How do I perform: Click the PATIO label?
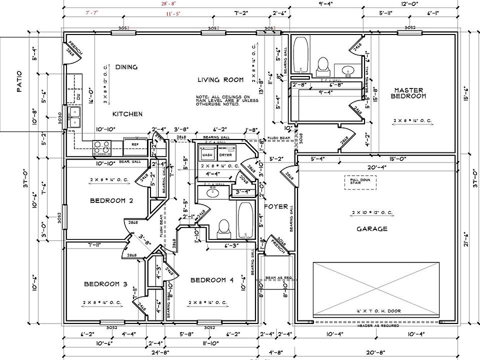pos(19,81)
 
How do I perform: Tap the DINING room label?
pos(126,67)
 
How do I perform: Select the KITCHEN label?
pos(127,114)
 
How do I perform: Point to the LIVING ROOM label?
pos(220,79)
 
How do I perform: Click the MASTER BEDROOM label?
pos(408,93)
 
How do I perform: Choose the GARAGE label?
pos(371,229)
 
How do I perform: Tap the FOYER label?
pos(276,206)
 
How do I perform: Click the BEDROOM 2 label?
pos(111,201)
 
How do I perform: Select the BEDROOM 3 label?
pos(105,284)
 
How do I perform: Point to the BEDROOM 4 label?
pos(212,280)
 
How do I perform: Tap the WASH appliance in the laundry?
pos(207,155)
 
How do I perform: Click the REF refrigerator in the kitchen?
pos(134,144)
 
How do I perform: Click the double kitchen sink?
pos(75,116)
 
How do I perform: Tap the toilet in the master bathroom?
pos(323,65)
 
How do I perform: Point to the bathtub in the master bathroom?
pos(301,55)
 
